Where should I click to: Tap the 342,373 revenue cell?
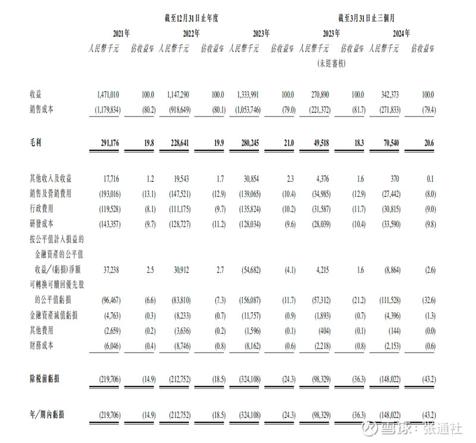pos(387,95)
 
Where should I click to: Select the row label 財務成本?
pos(43,345)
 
